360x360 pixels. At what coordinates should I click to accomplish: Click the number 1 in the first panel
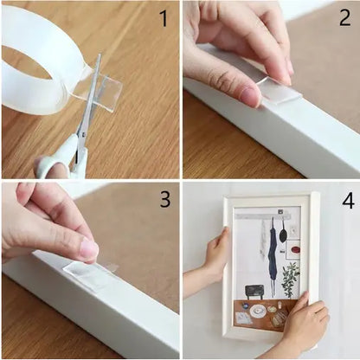click(162, 19)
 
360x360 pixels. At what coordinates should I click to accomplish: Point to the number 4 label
click(347, 201)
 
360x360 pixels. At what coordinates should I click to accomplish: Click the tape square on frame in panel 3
click(89, 275)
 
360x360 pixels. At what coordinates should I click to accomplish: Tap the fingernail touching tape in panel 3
click(89, 249)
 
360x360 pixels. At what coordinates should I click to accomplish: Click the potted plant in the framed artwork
click(290, 278)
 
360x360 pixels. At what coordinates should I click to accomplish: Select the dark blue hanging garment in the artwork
click(273, 256)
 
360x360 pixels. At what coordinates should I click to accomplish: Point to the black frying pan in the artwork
click(284, 231)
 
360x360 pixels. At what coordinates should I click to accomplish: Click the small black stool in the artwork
click(255, 291)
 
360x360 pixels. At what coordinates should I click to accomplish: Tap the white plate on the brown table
click(257, 309)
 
